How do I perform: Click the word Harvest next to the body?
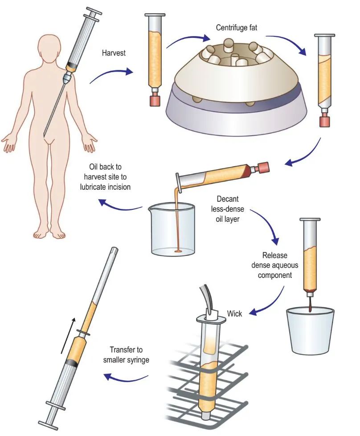pyautogui.click(x=114, y=53)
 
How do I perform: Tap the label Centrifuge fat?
pyautogui.click(x=237, y=28)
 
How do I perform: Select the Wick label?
pyautogui.click(x=234, y=314)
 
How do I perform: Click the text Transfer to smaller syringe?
pyautogui.click(x=126, y=355)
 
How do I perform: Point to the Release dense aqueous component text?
pyautogui.click(x=274, y=265)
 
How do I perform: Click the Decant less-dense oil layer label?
pyautogui.click(x=228, y=209)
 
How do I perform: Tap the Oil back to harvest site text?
pyautogui.click(x=105, y=177)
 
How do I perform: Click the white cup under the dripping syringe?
pyautogui.click(x=310, y=330)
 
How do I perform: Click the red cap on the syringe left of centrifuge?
pyautogui.click(x=155, y=101)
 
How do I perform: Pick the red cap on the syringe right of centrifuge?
pyautogui.click(x=324, y=122)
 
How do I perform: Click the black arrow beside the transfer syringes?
pyautogui.click(x=68, y=336)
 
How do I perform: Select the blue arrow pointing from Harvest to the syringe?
pyautogui.click(x=111, y=74)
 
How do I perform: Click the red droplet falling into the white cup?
pyautogui.click(x=310, y=301)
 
